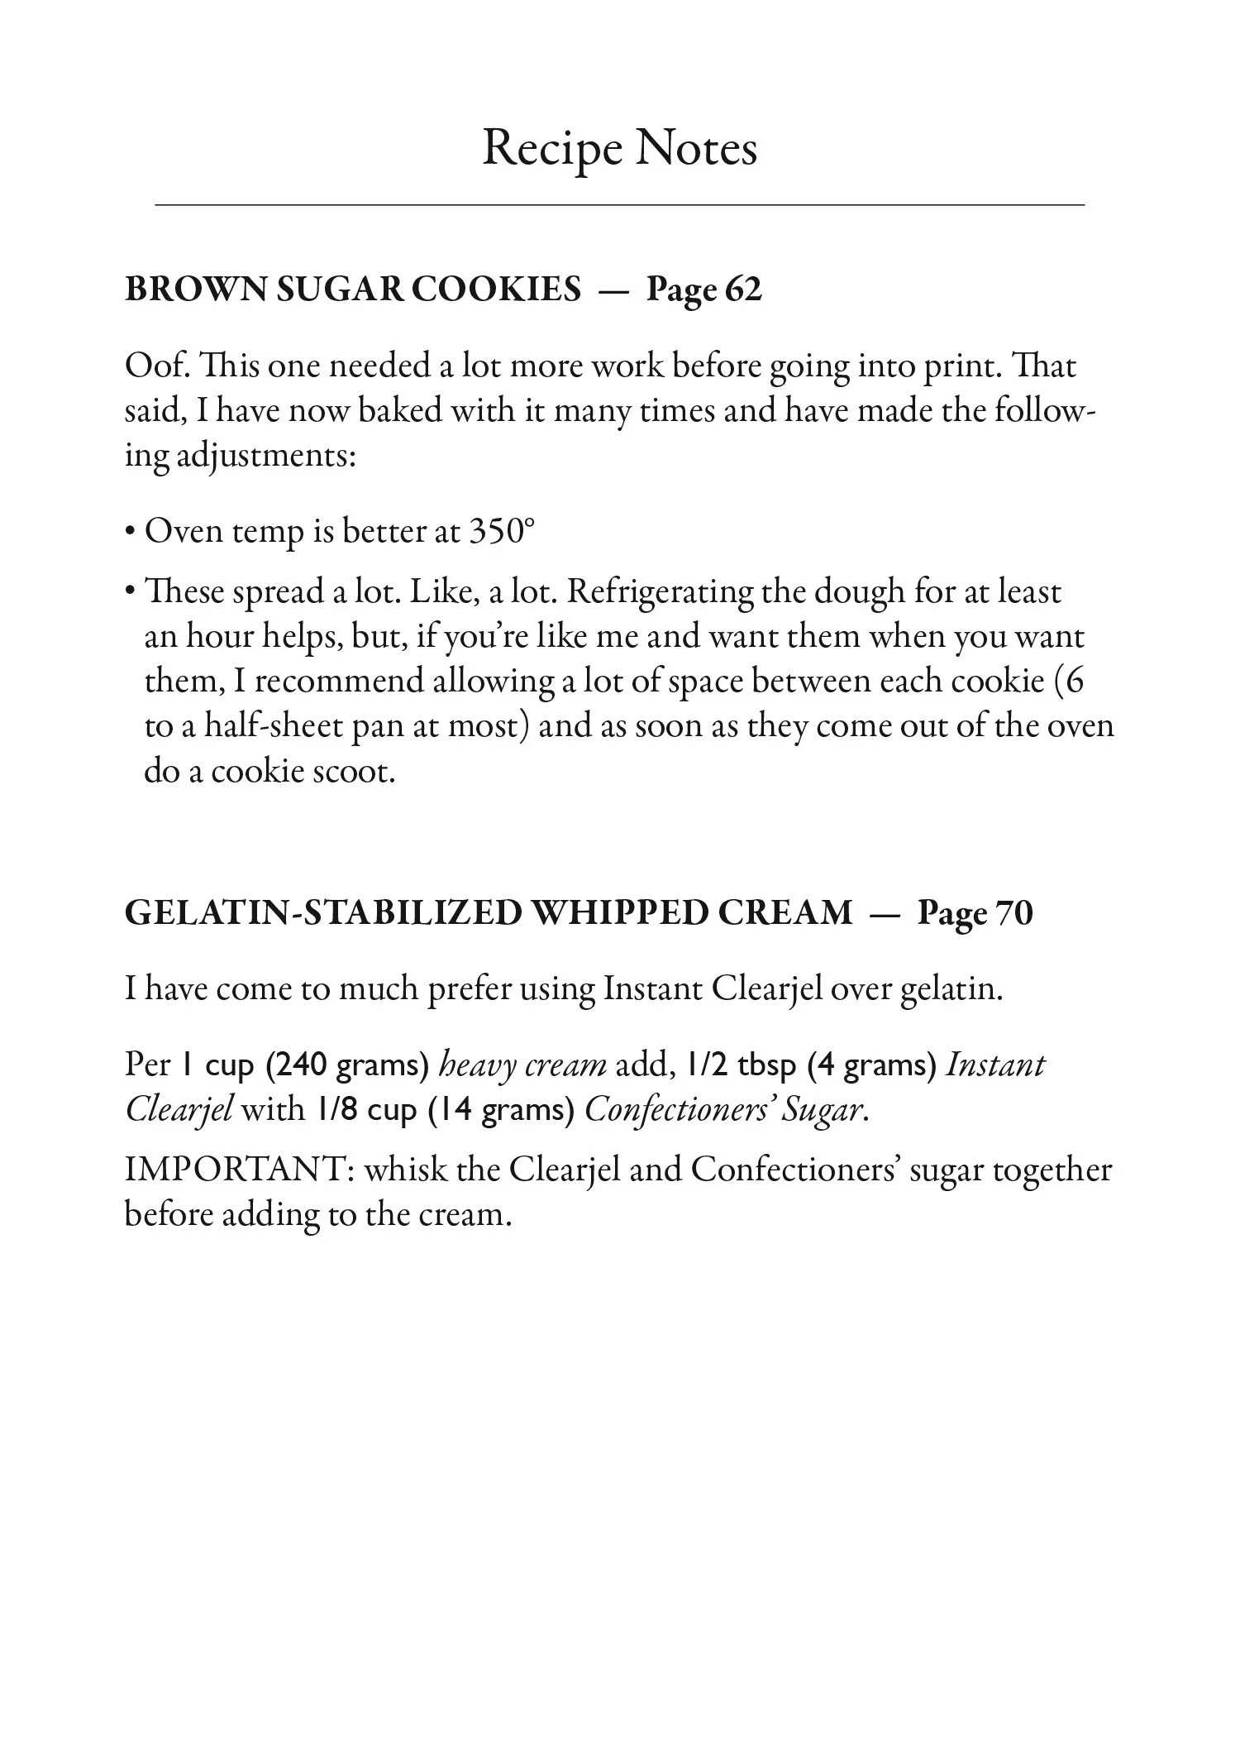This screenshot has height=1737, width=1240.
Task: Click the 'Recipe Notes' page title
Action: pyautogui.click(x=619, y=150)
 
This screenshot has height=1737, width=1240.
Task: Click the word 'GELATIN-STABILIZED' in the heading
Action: pyautogui.click(x=323, y=913)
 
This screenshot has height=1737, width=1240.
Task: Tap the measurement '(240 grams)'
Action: pyautogui.click(x=347, y=1065)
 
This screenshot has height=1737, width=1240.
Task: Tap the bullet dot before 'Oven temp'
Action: pyautogui.click(x=131, y=532)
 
